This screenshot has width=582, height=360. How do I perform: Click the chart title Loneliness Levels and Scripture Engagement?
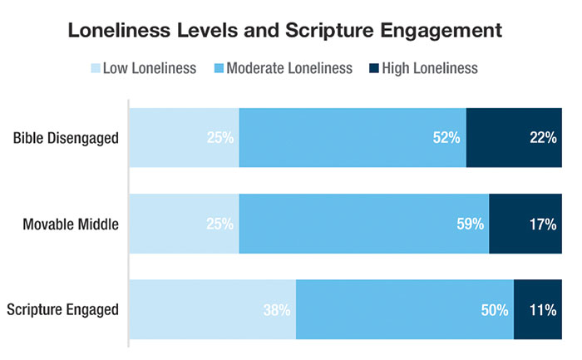[x=291, y=31]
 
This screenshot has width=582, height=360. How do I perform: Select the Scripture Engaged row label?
[x=62, y=310]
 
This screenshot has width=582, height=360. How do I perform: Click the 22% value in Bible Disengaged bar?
[x=543, y=138]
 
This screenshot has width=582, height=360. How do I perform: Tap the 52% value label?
[x=446, y=138]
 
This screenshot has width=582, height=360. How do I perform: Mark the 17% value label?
[x=543, y=224]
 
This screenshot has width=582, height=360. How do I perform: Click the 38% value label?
[x=276, y=310]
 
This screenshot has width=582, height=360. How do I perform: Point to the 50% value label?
[x=494, y=310]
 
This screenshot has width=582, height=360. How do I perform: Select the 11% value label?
[x=543, y=310]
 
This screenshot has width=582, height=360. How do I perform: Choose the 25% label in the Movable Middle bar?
[x=220, y=224]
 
